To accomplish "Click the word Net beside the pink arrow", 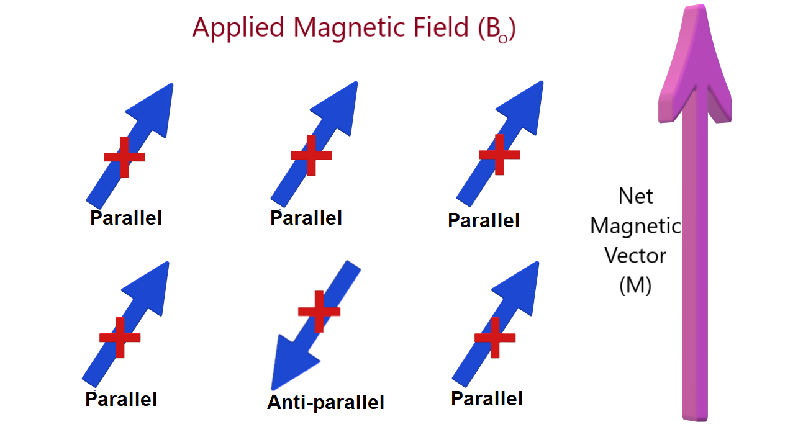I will coord(635,196).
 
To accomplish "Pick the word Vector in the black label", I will coord(635,256).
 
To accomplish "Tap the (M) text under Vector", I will coord(635,285).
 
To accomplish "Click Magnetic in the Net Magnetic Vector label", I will coord(635,226).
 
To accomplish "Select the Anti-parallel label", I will coord(325,402).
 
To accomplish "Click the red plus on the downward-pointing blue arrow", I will coord(319,310).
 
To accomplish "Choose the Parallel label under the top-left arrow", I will coord(126,218).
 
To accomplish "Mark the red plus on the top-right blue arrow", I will coord(499,154).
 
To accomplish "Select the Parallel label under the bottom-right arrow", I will coord(487,398).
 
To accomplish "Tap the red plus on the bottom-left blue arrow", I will coord(120,338).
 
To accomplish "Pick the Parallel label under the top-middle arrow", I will coord(306,218).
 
